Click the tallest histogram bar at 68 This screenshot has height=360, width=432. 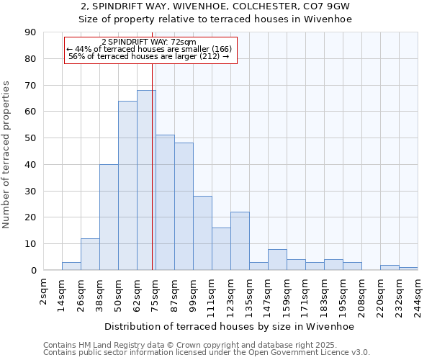(x=146, y=180)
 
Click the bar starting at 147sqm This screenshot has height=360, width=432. (x=277, y=260)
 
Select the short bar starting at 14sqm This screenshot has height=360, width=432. (x=71, y=266)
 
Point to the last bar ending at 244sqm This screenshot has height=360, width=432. (x=408, y=269)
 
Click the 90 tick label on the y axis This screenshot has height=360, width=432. (x=31, y=32)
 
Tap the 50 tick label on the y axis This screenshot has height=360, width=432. (x=31, y=138)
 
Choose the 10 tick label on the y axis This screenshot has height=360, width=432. (x=31, y=244)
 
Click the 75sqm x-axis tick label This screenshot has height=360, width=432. (x=156, y=294)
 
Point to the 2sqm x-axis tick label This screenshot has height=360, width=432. (x=43, y=292)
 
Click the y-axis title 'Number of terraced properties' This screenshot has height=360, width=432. (x=6, y=155)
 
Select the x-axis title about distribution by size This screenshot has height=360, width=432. (x=230, y=326)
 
